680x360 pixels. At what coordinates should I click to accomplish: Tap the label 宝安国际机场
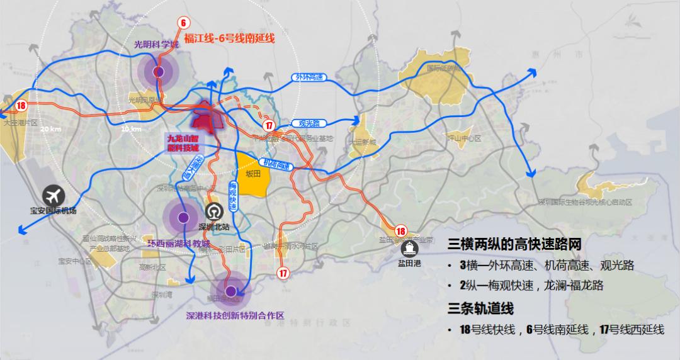(x=53, y=210)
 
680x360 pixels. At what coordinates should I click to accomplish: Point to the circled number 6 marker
(x=183, y=23)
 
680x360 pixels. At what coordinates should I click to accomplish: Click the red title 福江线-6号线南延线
(x=229, y=39)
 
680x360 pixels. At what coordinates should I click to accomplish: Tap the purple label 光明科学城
(x=153, y=46)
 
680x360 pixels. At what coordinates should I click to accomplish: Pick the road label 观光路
(x=309, y=123)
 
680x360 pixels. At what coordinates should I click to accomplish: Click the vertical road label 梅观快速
(x=232, y=196)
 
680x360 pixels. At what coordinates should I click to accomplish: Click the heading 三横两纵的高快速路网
(x=514, y=245)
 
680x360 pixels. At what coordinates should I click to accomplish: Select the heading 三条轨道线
(x=481, y=309)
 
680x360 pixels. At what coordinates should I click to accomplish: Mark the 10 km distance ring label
(x=130, y=128)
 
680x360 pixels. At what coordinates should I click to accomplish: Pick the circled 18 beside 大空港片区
(x=21, y=106)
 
